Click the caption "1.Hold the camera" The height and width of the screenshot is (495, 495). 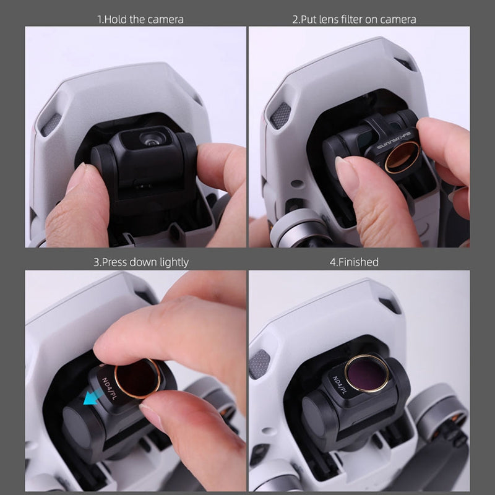[140, 19]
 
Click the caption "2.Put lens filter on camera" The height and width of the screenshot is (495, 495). [354, 19]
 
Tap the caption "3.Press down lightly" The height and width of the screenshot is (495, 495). [140, 262]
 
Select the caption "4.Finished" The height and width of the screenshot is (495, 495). [353, 262]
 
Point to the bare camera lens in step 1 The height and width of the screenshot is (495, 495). [150, 139]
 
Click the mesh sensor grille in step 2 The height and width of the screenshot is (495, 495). [280, 115]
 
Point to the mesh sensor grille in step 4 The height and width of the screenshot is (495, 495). [259, 364]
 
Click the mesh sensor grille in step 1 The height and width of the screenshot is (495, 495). [51, 124]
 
